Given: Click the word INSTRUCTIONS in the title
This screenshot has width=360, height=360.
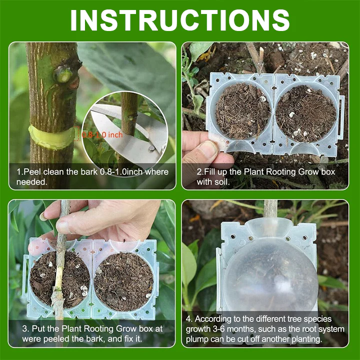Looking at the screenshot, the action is (x=180, y=20).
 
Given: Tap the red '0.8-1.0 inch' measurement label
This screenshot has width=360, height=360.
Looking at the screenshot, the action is (x=102, y=135).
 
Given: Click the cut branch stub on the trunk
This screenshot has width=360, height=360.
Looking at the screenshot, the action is (x=63, y=73).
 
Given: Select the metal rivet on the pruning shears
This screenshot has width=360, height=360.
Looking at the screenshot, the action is (x=151, y=148).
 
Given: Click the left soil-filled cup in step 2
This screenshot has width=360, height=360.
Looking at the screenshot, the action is (x=242, y=111).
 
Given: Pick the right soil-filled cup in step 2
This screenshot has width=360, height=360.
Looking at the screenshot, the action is (x=306, y=114).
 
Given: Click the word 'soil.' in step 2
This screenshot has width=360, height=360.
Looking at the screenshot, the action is (x=222, y=182).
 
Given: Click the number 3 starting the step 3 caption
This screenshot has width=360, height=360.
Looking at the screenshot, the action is (x=24, y=328).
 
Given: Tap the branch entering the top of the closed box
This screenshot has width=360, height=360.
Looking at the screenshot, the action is (x=270, y=209).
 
